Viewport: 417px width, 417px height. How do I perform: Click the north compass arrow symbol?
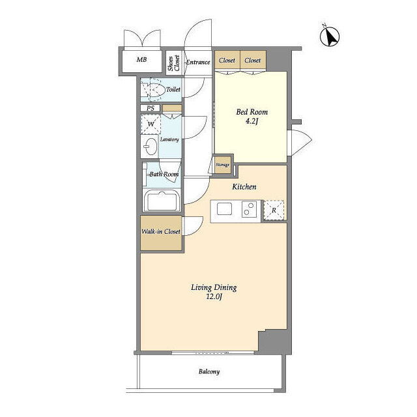pos(330,36)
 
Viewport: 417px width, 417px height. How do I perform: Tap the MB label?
pos(141,59)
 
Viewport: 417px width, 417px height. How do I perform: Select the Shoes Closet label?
pos(174,63)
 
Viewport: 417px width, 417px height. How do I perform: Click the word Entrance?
pos(198,63)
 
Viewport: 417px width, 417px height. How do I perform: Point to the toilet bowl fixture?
pos(152,90)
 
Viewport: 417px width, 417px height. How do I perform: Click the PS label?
pos(151,108)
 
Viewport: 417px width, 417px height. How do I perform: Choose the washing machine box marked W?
pos(151,124)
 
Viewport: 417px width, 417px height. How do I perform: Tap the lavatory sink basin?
pos(150,146)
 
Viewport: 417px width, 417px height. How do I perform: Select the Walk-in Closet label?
pos(161,232)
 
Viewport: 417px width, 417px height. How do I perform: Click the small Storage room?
pos(223,165)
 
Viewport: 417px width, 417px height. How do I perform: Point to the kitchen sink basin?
pos(224,208)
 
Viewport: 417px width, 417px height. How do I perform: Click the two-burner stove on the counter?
pos(249,208)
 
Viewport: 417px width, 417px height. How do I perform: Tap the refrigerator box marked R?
pos(274,210)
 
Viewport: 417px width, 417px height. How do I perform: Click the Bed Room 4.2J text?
pos(252,117)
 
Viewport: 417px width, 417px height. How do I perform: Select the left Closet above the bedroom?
pos(227,60)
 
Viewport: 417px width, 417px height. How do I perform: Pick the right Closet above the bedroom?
pos(253,60)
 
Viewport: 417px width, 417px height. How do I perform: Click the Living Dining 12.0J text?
pos(214,292)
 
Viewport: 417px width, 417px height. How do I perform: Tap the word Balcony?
pos(209,372)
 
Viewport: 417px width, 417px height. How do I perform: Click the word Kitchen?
pos(244,187)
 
